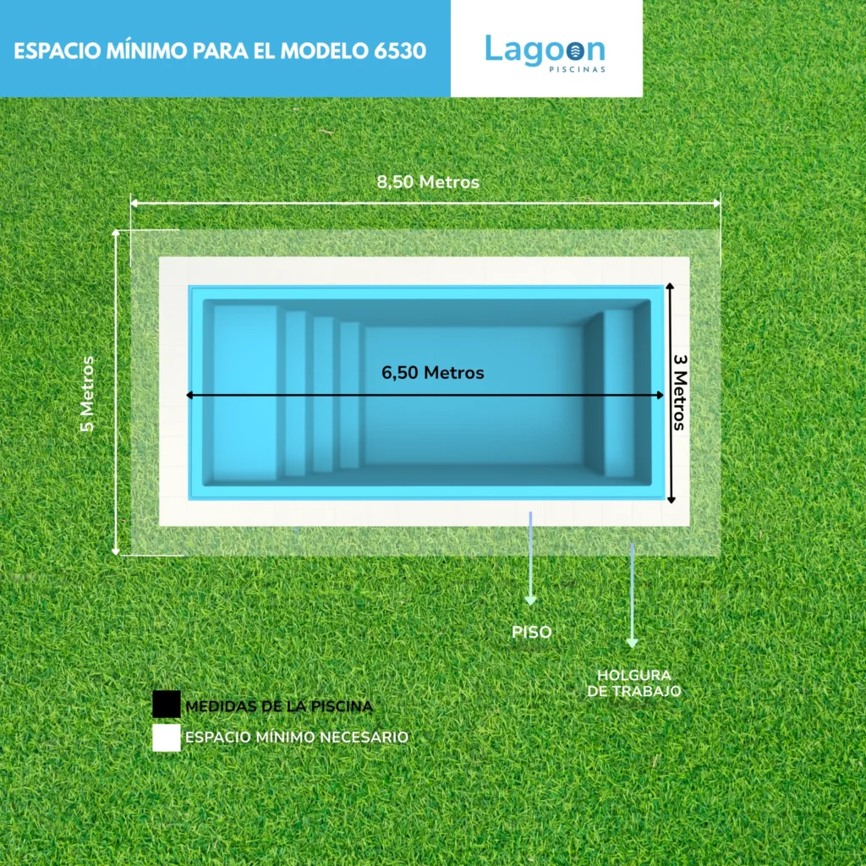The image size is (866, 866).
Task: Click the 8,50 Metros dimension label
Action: point(428,182)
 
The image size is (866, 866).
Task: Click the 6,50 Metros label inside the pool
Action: point(432,372)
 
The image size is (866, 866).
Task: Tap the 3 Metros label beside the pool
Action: point(679,392)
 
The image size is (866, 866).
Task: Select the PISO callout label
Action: point(532,632)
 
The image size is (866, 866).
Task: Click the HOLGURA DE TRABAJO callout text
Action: point(634,682)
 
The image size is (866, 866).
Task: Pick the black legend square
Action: point(167,704)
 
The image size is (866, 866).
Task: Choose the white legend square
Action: point(167,737)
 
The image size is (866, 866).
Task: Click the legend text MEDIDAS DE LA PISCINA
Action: point(279,705)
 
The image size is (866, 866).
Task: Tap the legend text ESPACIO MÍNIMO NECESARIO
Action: point(297,737)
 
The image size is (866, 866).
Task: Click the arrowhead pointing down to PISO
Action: point(530,600)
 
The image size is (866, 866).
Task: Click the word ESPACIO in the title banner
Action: point(52,50)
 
